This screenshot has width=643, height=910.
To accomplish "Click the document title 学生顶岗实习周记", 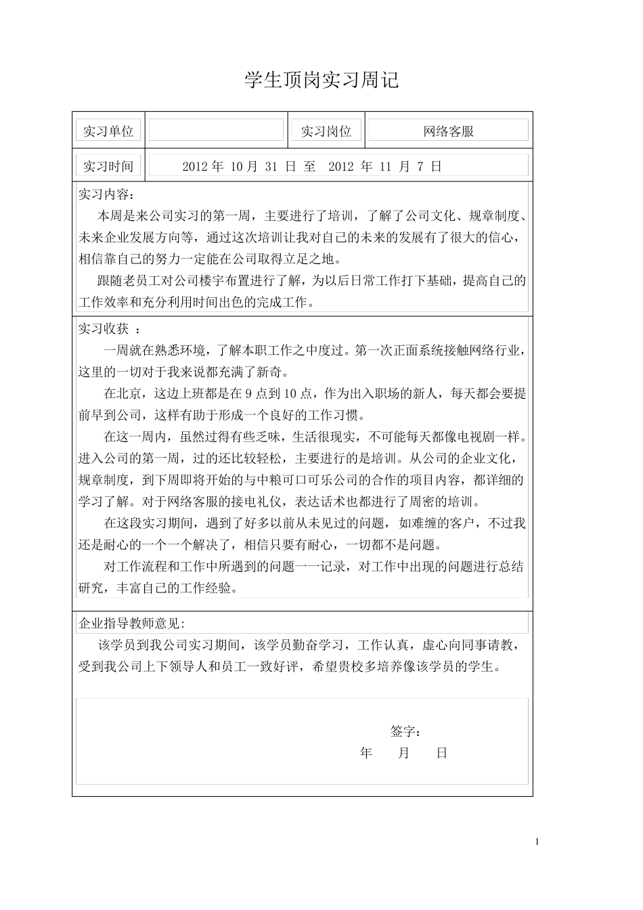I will pyautogui.click(x=321, y=81).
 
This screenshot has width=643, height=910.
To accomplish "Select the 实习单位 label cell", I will pyautogui.click(x=108, y=131).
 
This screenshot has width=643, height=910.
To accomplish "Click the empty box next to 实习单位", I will pyautogui.click(x=216, y=130).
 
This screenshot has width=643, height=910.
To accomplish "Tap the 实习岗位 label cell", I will pyautogui.click(x=326, y=131).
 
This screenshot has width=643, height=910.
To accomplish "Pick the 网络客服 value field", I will pyautogui.click(x=448, y=131).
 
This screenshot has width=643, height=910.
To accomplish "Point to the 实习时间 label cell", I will pyautogui.click(x=108, y=167).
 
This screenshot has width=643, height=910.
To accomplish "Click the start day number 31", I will pyautogui.click(x=271, y=167).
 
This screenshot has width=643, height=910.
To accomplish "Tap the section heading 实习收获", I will pyautogui.click(x=104, y=329).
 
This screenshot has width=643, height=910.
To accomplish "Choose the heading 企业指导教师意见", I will pyautogui.click(x=131, y=624).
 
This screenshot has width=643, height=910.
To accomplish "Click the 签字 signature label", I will pyautogui.click(x=406, y=732).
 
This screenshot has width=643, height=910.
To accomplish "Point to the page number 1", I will pyautogui.click(x=537, y=842).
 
